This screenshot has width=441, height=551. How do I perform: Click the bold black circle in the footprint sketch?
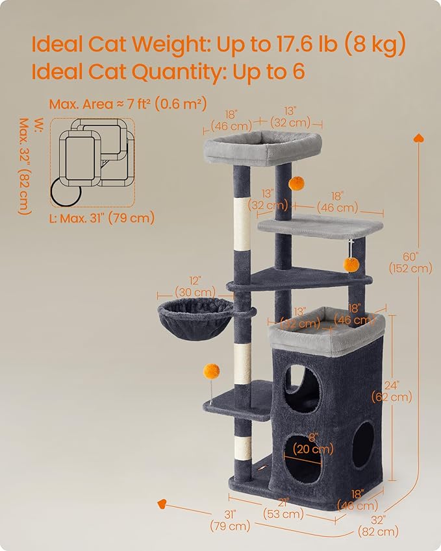tap(66, 191)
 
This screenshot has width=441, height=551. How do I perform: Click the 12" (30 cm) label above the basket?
tap(195, 286)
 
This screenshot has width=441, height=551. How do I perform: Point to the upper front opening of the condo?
tap(303, 387)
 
